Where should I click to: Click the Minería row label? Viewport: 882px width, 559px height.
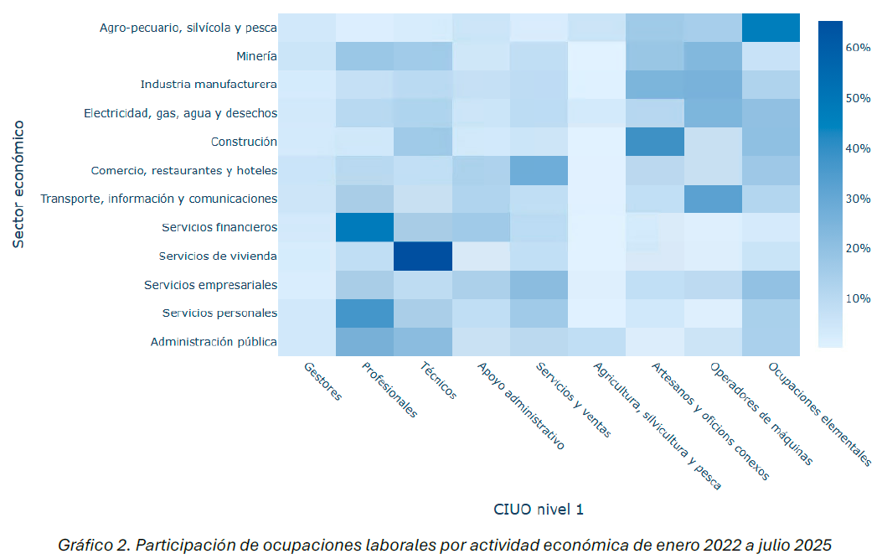(256, 57)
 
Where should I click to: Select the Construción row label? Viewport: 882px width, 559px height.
(244, 142)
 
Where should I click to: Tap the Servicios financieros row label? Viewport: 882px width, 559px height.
(220, 227)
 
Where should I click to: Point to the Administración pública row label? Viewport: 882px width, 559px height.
(214, 342)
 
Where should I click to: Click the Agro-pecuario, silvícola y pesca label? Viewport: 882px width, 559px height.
(188, 28)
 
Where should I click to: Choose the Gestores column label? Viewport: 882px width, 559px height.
(323, 382)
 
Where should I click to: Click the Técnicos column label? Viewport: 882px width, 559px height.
(439, 382)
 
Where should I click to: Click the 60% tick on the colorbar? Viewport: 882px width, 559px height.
(858, 48)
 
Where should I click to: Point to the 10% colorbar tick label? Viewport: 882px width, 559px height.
(858, 298)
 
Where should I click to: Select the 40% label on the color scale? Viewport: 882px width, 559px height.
(858, 148)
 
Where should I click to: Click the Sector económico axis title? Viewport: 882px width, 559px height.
(18, 184)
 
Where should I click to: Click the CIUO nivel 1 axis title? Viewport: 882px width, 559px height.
(538, 508)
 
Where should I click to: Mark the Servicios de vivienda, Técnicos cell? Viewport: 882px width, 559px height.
(422, 256)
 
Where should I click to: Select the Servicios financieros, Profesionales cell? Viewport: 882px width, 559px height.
(364, 227)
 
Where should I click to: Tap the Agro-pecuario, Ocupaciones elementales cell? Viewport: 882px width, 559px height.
(770, 28)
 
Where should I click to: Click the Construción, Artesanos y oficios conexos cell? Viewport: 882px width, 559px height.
(654, 142)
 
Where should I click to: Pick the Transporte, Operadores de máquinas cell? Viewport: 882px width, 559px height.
(712, 199)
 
